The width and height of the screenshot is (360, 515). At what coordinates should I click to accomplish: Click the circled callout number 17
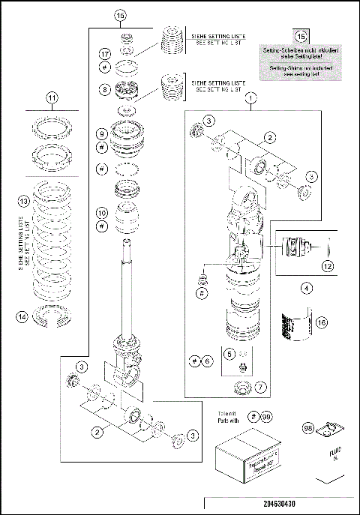coord(104,54)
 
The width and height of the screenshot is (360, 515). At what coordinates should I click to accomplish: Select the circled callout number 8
coord(104,90)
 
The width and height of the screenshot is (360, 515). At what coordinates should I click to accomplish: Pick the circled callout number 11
coord(52,97)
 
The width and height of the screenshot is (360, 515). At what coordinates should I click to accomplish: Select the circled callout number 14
coord(23,316)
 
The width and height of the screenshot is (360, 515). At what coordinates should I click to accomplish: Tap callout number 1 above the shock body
coord(250,97)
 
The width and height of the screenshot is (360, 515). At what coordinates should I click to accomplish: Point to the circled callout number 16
coord(321,323)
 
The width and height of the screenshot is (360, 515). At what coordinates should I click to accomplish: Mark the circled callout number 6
coord(208,361)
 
